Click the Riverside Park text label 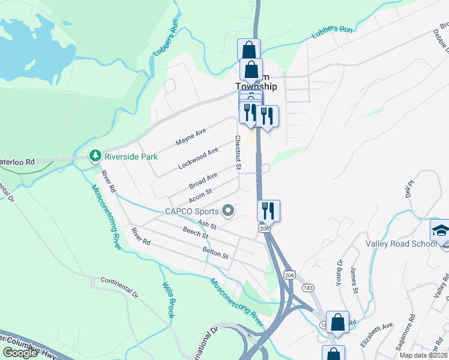[x=131, y=157]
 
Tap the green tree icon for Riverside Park [x=95, y=157]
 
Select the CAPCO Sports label [x=191, y=211]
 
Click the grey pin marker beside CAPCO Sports [x=228, y=211]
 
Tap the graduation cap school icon [x=440, y=231]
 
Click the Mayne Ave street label [x=191, y=136]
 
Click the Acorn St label [x=201, y=196]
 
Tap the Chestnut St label [x=238, y=152]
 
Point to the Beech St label [x=196, y=230]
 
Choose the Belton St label [x=216, y=254]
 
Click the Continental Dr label [x=119, y=286]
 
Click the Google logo [x=20, y=353]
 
